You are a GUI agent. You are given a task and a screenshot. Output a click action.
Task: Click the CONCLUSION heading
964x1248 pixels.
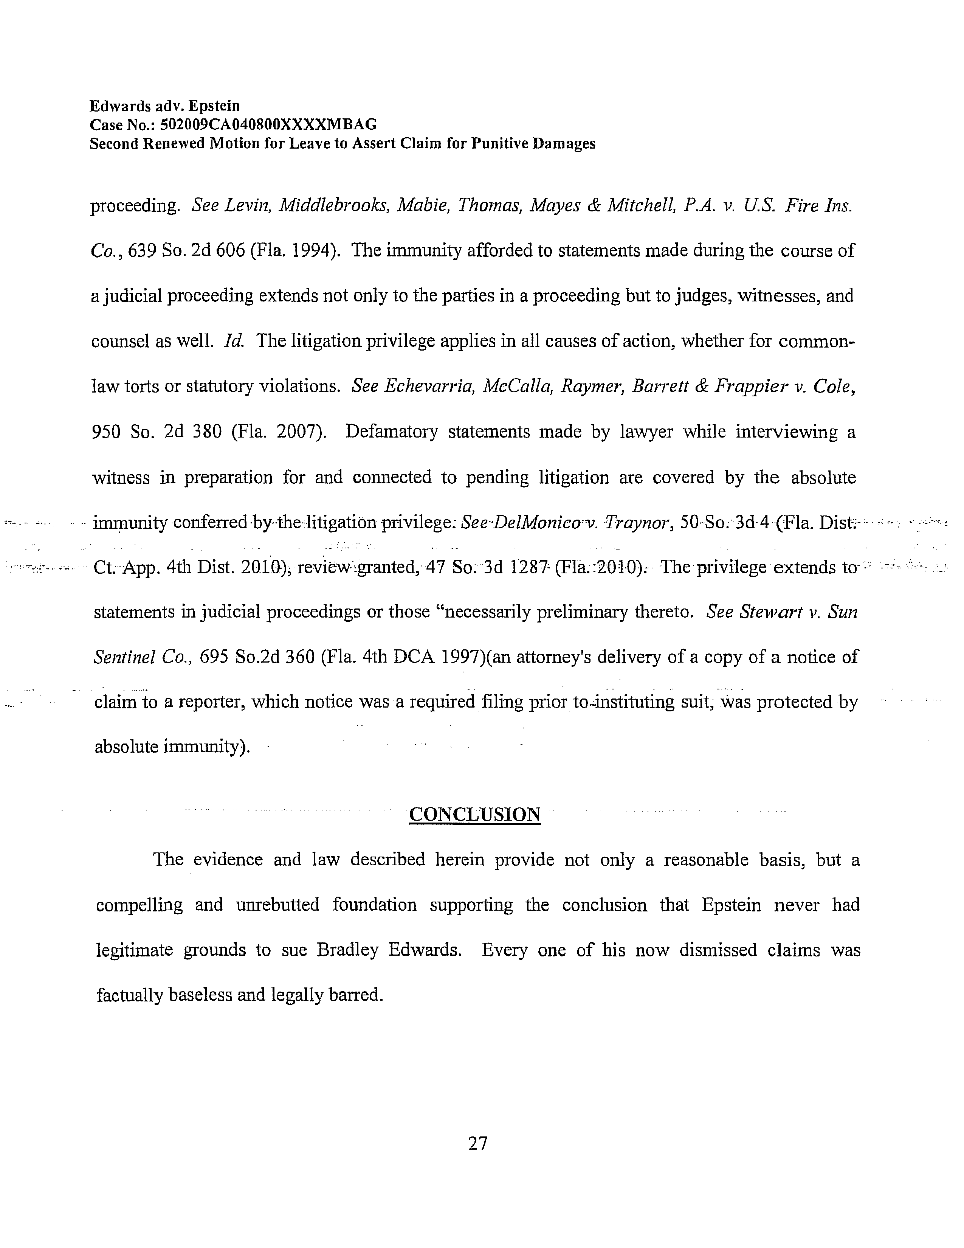click(x=474, y=814)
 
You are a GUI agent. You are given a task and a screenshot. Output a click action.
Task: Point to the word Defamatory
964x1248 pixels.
click(x=391, y=432)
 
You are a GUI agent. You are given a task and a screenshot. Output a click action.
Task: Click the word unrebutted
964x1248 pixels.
click(x=277, y=905)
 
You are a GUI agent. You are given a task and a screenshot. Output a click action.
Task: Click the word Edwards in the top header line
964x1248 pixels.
click(x=120, y=106)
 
